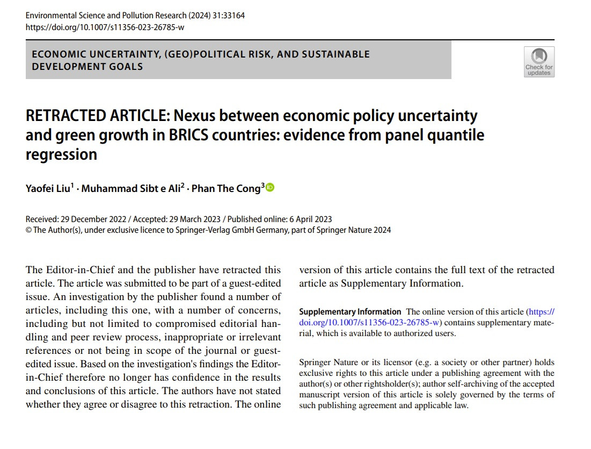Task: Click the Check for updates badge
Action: tap(539, 62)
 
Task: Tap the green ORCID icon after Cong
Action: tap(270, 188)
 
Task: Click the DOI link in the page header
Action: tap(105, 27)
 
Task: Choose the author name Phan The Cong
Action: tap(226, 189)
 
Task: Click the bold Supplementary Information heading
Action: tap(350, 312)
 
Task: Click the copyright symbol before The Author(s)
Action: tap(29, 230)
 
